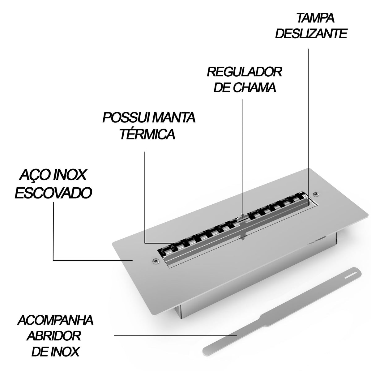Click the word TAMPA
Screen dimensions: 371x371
click(x=315, y=18)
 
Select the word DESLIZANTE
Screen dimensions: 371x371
click(x=311, y=34)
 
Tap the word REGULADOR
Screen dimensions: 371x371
click(x=245, y=72)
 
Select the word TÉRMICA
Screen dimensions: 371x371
click(x=147, y=134)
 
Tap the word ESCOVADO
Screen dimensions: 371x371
click(x=53, y=193)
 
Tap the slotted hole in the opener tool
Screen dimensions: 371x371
click(x=350, y=276)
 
